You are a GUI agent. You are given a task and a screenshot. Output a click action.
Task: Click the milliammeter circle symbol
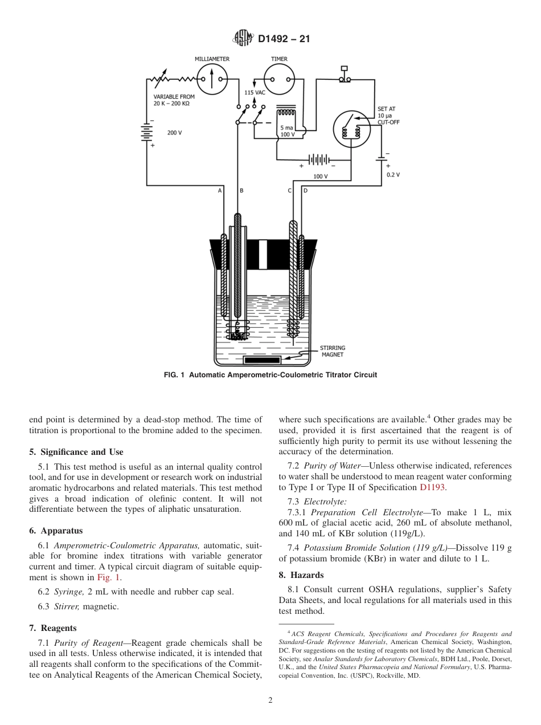pos(211,79)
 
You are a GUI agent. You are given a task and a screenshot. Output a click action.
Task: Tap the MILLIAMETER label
pos(212,59)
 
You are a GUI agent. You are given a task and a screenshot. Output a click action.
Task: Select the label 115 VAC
pos(255,92)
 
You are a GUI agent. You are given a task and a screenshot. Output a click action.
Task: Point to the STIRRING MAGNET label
pos(332,351)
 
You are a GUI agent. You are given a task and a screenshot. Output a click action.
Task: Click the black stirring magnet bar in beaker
pos(261,360)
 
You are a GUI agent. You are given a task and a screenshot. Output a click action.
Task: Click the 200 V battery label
pos(174,133)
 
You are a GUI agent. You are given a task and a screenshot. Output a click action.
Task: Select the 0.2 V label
pos(393,174)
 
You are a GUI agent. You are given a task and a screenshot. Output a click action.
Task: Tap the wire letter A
pos(220,190)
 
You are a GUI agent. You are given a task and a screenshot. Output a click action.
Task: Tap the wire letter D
pos(305,190)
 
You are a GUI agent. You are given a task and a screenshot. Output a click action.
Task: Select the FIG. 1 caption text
pos(270,375)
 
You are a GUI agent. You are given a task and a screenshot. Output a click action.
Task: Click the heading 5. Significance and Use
pos(76,452)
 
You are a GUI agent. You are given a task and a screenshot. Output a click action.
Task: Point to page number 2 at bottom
pos(270,700)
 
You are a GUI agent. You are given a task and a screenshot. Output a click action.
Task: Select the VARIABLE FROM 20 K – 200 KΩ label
pos(173,100)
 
